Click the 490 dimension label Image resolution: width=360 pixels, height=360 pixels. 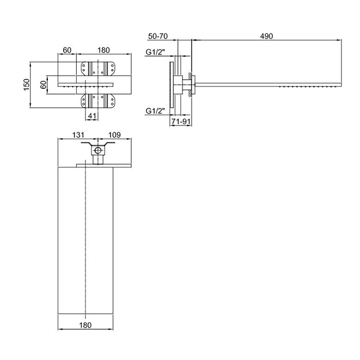[266, 36]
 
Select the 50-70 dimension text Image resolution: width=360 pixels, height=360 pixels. [158, 36]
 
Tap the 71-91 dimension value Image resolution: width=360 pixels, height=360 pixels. [181, 121]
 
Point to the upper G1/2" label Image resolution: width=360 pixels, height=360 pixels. [155, 52]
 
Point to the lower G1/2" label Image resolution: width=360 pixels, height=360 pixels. [155, 111]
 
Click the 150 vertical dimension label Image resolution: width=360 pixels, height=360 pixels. [27, 85]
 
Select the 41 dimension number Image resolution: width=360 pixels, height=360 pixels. [92, 116]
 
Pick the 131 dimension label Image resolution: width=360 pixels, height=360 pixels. [78, 135]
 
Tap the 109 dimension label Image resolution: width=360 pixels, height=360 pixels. [114, 135]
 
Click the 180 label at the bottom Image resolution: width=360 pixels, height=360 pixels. [85, 325]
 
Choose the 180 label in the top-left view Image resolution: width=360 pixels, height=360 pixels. [103, 50]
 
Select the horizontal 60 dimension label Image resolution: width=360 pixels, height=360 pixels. [67, 50]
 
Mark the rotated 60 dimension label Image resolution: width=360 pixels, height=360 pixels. [43, 85]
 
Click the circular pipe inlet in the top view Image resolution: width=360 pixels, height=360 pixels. [98, 151]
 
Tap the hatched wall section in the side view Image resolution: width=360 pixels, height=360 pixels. [190, 85]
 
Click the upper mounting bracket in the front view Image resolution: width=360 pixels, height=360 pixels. [98, 68]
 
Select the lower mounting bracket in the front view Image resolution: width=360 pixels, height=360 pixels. [98, 101]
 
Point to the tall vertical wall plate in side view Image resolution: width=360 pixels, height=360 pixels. [171, 85]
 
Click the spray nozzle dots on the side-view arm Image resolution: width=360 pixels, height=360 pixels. [308, 87]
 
